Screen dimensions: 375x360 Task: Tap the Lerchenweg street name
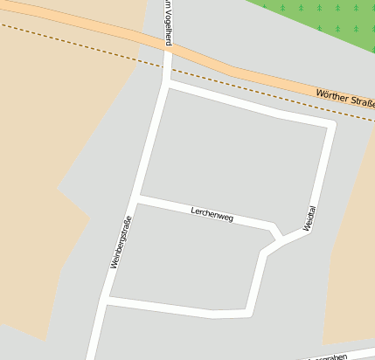[x=212, y=213]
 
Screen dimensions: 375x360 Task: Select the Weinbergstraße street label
[x=121, y=241]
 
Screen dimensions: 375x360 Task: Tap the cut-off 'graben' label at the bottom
[x=334, y=357]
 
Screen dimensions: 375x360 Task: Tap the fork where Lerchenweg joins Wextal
[x=280, y=237]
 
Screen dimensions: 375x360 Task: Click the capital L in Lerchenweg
[x=193, y=209]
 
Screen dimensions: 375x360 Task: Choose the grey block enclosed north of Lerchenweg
[x=236, y=157]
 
